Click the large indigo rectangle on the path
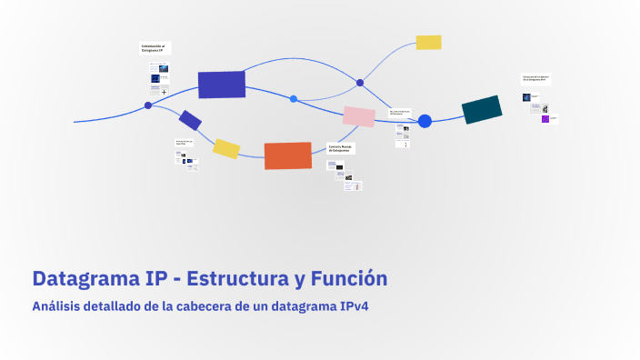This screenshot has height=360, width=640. (222, 85)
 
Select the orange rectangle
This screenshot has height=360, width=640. (287, 155)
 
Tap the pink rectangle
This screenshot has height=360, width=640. (358, 116)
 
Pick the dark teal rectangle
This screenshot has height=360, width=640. (482, 109)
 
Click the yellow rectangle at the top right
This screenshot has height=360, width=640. (428, 42)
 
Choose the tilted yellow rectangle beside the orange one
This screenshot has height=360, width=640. (226, 149)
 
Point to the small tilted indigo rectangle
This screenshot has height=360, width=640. (190, 120)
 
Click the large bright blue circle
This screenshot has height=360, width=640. (425, 121)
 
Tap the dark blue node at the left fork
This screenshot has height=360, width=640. (148, 105)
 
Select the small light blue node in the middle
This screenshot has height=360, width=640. (294, 98)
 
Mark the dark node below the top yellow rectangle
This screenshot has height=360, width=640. (360, 83)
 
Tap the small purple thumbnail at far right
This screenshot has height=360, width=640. (545, 118)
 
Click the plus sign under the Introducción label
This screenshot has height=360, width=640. (164, 92)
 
